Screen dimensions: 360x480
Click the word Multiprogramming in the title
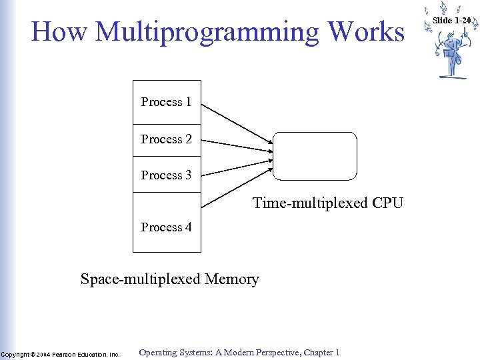[x=206, y=33]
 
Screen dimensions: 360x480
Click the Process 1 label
[x=166, y=102]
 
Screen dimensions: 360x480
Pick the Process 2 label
[x=166, y=139]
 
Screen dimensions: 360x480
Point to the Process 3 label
[x=166, y=175]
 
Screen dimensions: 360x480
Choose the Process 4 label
[x=166, y=227]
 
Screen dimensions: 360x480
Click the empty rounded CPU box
[x=315, y=157]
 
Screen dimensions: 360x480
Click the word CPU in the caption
[x=387, y=203]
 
